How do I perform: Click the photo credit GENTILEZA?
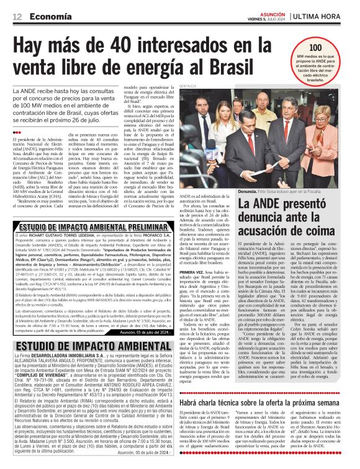pos(190,86)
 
